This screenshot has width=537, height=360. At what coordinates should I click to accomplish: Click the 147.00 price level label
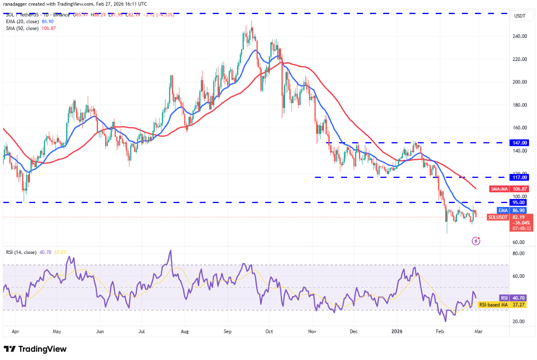coord(520,142)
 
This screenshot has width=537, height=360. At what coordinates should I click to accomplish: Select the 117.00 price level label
coord(520,177)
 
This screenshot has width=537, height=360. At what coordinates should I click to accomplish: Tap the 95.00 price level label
coord(520,202)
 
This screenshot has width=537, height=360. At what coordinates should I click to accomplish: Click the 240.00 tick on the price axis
coord(520,36)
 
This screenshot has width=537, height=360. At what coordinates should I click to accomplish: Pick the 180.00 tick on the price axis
coord(520,105)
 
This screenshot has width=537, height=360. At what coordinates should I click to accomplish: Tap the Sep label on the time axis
coord(227,331)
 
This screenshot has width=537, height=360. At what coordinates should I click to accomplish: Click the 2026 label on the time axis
coord(396,331)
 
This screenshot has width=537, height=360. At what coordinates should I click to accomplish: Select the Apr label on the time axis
coord(15,331)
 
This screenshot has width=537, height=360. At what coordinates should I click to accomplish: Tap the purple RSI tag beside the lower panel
coord(503,298)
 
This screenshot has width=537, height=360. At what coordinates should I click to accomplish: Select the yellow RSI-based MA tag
coord(493,305)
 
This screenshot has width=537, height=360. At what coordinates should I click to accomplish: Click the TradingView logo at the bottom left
coord(35,349)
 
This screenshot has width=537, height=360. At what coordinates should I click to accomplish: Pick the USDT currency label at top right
coord(520,16)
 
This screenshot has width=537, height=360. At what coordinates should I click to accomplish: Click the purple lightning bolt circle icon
coord(476,241)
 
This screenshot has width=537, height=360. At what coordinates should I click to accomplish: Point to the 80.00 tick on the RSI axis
coord(519,253)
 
